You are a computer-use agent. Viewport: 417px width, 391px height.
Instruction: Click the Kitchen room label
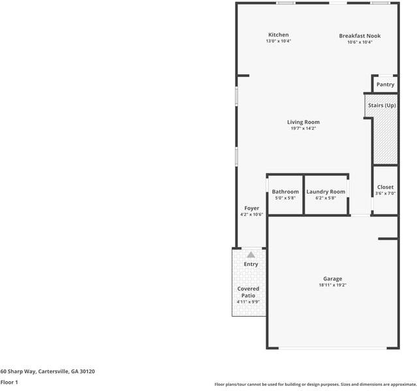pyautogui.click(x=279, y=35)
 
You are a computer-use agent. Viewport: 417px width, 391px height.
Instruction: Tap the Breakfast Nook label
pyautogui.click(x=360, y=36)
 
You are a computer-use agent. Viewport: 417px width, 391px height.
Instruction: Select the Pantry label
pyautogui.click(x=386, y=85)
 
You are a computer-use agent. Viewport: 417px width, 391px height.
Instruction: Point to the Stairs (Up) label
pyautogui.click(x=382, y=106)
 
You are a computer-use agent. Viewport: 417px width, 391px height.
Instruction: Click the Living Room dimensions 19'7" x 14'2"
pyautogui.click(x=303, y=128)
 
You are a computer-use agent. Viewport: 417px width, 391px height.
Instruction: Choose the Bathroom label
pyautogui.click(x=285, y=192)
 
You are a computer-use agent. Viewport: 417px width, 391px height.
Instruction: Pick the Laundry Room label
pyautogui.click(x=326, y=192)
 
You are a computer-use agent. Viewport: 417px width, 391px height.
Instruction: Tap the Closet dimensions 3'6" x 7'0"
pyautogui.click(x=386, y=194)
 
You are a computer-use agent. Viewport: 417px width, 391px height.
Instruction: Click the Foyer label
pyautogui.click(x=252, y=209)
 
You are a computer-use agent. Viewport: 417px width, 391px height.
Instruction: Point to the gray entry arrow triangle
pyautogui.click(x=251, y=255)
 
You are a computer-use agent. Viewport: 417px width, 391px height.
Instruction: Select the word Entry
pyautogui.click(x=251, y=265)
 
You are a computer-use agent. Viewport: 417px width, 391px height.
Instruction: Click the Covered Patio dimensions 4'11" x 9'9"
pyautogui.click(x=248, y=302)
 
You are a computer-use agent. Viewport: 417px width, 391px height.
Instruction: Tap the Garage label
pyautogui.click(x=333, y=279)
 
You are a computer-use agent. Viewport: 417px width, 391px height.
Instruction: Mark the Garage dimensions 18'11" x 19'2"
pyautogui.click(x=333, y=285)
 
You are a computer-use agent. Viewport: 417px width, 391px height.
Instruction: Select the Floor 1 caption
pyautogui.click(x=9, y=383)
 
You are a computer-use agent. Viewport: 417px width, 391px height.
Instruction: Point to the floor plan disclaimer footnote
pyautogui.click(x=315, y=384)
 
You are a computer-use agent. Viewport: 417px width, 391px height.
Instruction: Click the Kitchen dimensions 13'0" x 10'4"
pyautogui.click(x=279, y=41)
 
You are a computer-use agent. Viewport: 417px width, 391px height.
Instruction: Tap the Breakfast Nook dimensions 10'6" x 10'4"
pyautogui.click(x=360, y=42)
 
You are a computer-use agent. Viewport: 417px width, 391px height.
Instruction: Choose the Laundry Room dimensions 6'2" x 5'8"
pyautogui.click(x=326, y=198)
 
